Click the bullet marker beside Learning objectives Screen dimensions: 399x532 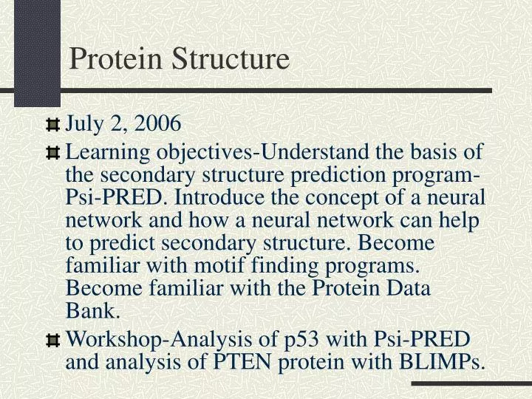click(x=52, y=153)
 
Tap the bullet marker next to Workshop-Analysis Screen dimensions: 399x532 click(x=52, y=341)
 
